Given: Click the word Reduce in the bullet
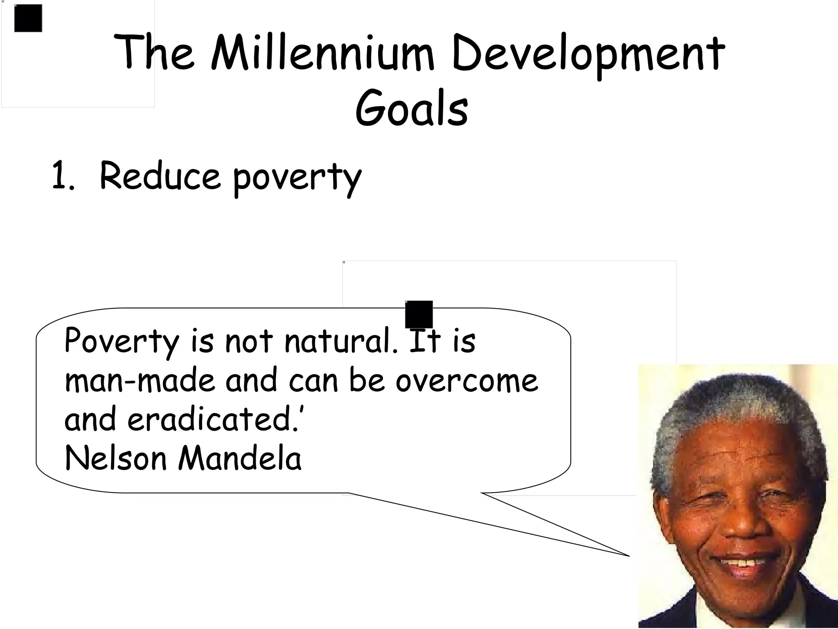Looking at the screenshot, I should coord(160,176).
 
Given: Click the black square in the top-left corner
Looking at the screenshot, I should coord(28,18).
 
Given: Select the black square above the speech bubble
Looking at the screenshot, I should coord(419,314).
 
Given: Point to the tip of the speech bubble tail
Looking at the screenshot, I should coord(628,555).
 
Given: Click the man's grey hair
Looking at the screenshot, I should coord(732,405).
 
